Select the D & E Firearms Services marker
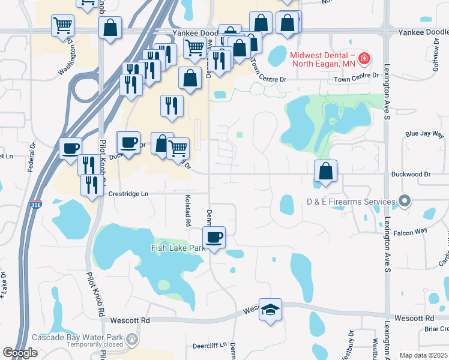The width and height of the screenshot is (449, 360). pos(405,202)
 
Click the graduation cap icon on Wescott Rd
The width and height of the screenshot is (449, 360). pos(270,310)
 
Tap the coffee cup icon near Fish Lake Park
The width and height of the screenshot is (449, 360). pos(214,237)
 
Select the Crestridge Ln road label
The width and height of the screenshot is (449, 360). pos(128,194)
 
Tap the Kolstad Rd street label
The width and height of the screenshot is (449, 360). pos(188,214)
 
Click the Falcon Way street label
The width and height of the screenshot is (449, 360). pos(411,230)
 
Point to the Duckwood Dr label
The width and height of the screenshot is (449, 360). pos(411,174)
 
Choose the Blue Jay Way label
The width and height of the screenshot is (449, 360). pos(423,134)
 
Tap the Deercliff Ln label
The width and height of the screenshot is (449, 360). pos(209,345)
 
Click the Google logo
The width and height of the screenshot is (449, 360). pos(20,353)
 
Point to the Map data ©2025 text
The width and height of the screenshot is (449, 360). pos(424,355)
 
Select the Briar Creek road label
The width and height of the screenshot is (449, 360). pos(436,328)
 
